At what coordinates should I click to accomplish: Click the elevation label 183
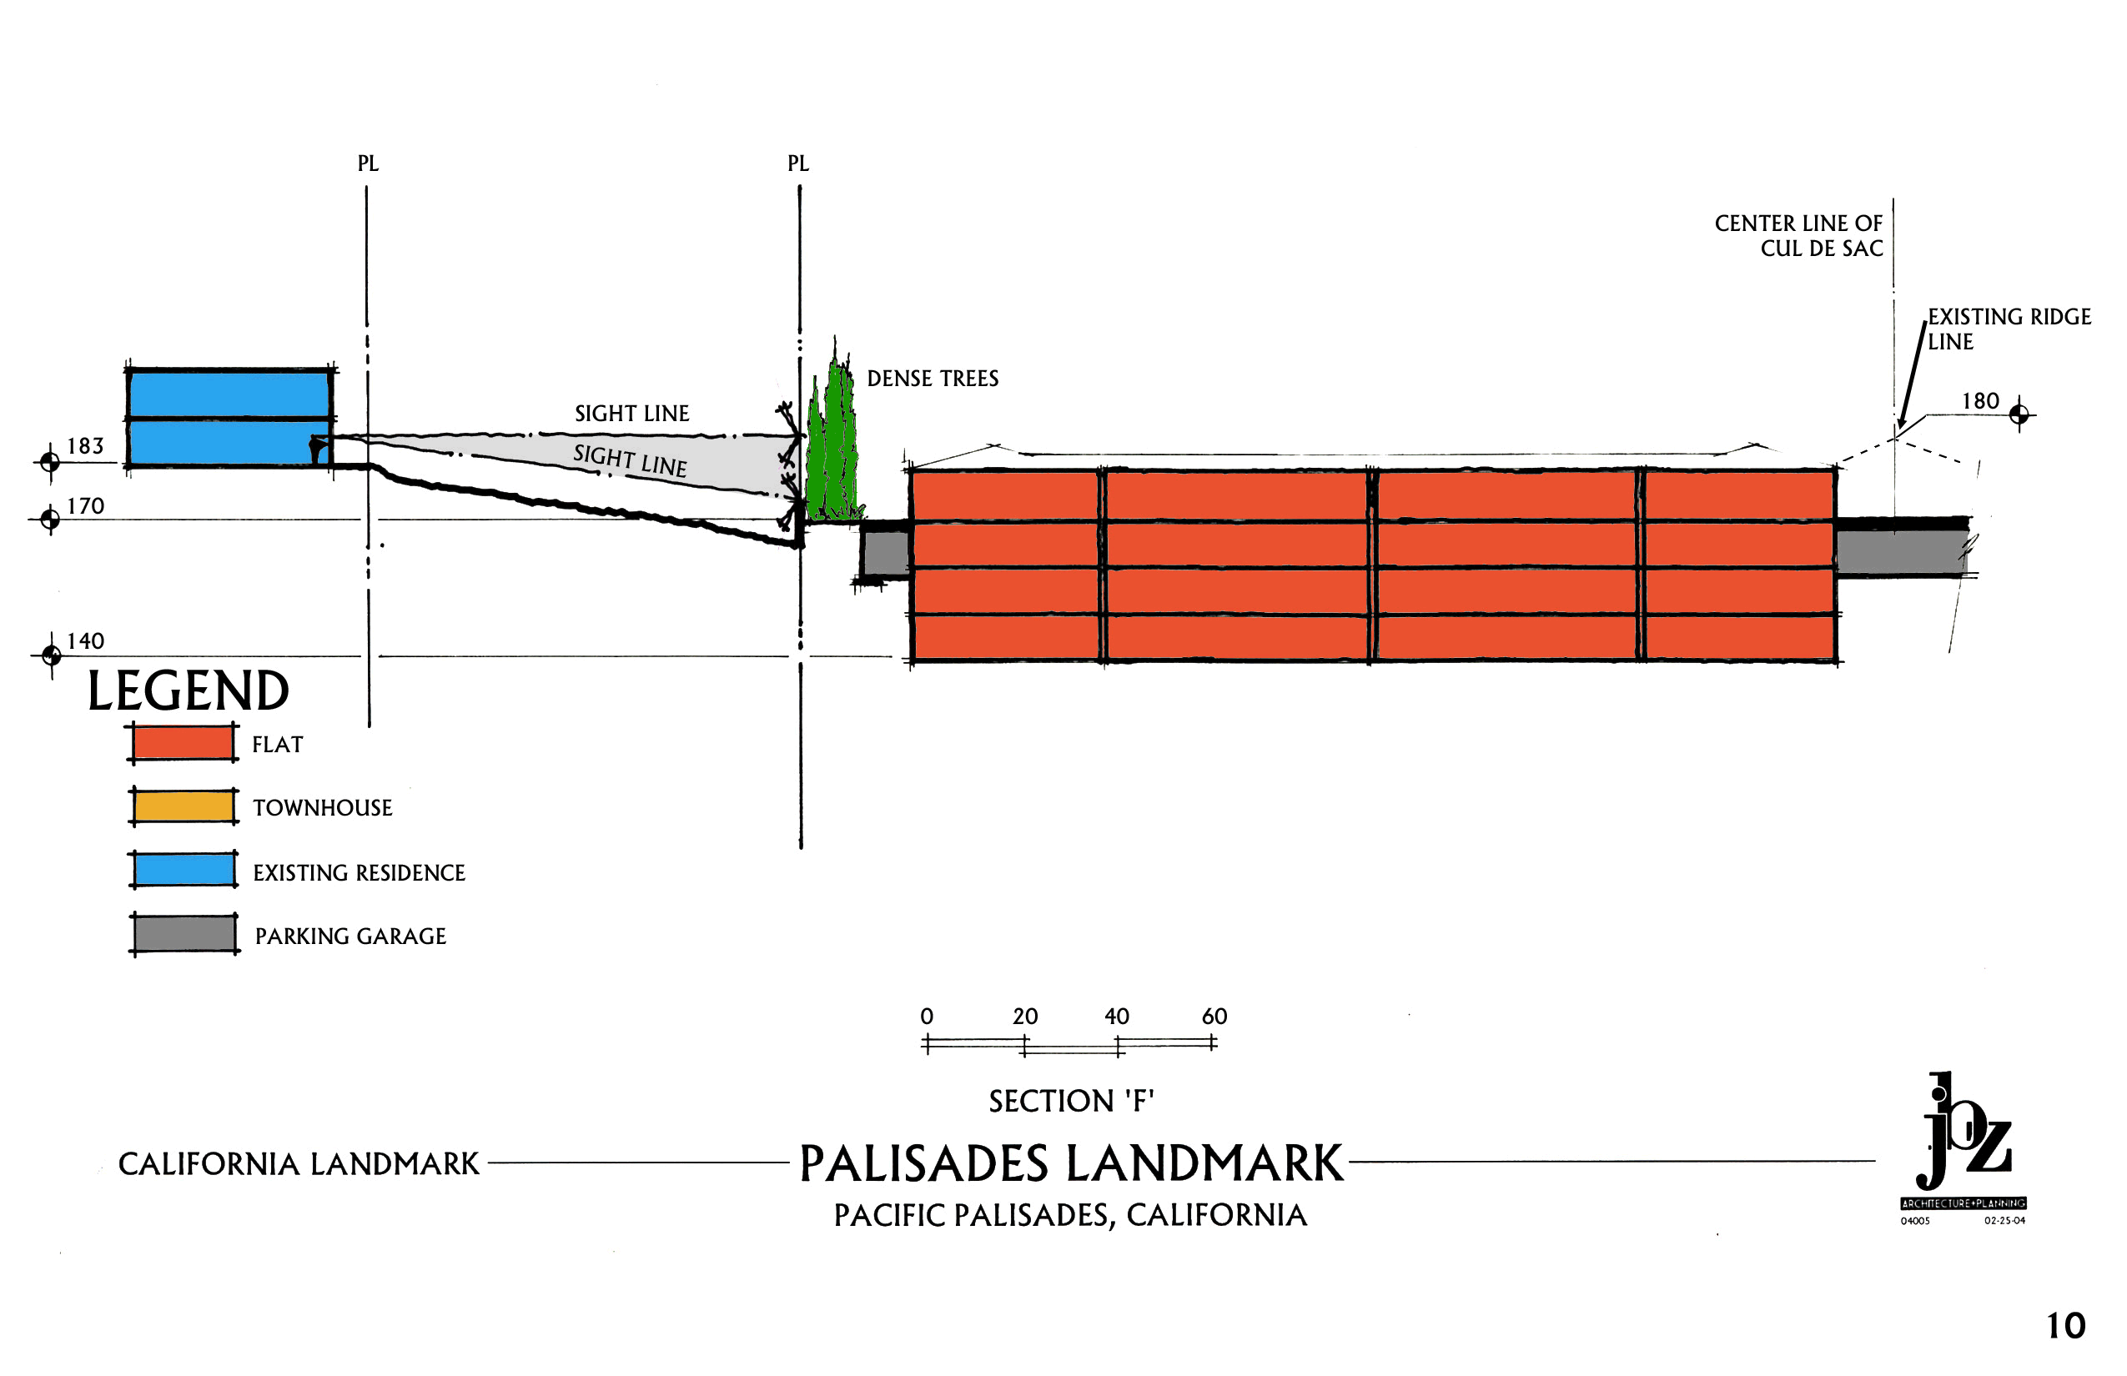pyautogui.click(x=86, y=446)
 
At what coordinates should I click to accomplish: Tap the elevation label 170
pyautogui.click(x=86, y=507)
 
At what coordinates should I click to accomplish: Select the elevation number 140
pyautogui.click(x=86, y=641)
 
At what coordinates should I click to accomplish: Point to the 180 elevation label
pyautogui.click(x=1979, y=401)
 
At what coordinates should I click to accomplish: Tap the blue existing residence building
pyautogui.click(x=229, y=417)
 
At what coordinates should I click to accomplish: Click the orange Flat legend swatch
pyautogui.click(x=184, y=742)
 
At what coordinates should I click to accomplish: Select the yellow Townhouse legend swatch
pyautogui.click(x=184, y=806)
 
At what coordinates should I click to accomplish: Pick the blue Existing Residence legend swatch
pyautogui.click(x=184, y=869)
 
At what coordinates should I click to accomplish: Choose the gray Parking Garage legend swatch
pyautogui.click(x=184, y=934)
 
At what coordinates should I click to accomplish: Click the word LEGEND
pyautogui.click(x=188, y=691)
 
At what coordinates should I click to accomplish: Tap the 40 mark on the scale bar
pyautogui.click(x=1117, y=1016)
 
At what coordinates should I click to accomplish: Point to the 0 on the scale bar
pyautogui.click(x=927, y=1016)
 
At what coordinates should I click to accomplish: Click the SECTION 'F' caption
pyautogui.click(x=1072, y=1101)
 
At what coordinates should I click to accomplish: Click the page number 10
pyautogui.click(x=2065, y=1326)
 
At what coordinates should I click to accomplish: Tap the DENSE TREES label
pyautogui.click(x=933, y=379)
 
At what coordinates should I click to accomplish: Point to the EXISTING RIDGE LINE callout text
pyautogui.click(x=2009, y=329)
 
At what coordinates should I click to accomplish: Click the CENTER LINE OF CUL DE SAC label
pyautogui.click(x=1798, y=236)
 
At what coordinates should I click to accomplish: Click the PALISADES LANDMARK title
pyautogui.click(x=1071, y=1163)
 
